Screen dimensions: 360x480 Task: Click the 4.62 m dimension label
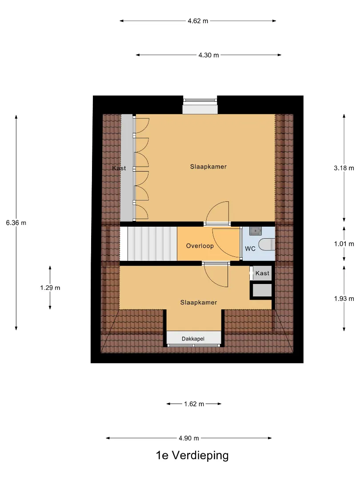[x=198, y=21]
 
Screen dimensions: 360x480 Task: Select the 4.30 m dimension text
[x=208, y=55]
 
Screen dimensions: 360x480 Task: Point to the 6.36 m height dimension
[x=16, y=223]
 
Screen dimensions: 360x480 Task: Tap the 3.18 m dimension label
[x=344, y=168]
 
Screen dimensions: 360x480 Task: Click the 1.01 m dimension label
[x=344, y=244]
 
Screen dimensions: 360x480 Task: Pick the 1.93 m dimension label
[x=344, y=299]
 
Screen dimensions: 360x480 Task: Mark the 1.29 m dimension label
[x=50, y=288]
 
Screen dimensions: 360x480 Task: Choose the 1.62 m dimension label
[x=194, y=404]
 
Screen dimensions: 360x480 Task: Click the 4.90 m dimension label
[x=189, y=438]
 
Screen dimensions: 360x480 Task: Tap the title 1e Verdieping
[x=192, y=455]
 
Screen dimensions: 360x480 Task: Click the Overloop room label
[x=200, y=246]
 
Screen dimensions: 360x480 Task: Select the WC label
[x=250, y=249]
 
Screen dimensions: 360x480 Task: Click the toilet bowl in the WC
[x=267, y=244]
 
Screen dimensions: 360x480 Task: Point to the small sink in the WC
[x=255, y=231]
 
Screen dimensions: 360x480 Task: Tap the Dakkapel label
[x=193, y=339]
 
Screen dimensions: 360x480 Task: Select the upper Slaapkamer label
[x=208, y=167]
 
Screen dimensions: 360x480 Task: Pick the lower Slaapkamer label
[x=199, y=303]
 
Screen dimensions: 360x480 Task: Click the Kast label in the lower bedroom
[x=262, y=273]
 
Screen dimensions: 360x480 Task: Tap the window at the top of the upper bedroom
[x=200, y=100]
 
